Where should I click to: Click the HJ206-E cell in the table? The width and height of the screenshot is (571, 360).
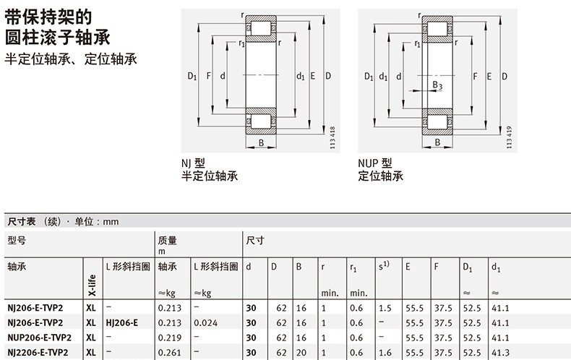(x=121, y=322)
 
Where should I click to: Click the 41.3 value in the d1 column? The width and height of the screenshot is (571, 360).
(x=499, y=351)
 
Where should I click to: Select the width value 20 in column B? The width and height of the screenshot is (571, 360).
(x=301, y=351)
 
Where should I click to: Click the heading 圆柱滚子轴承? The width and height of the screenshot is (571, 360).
(x=57, y=37)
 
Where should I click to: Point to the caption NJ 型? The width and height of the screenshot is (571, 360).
(x=194, y=163)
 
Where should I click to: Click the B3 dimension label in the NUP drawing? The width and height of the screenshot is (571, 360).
(x=437, y=86)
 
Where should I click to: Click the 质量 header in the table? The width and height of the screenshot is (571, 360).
(x=167, y=240)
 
